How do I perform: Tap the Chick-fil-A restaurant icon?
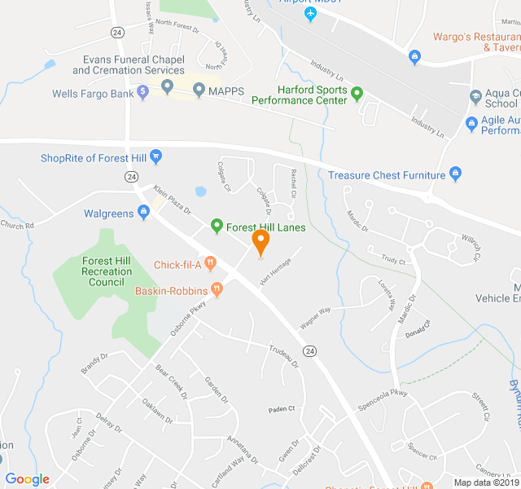coord(210,263)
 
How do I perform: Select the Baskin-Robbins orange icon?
coord(217,289)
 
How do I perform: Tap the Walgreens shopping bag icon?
coord(144,214)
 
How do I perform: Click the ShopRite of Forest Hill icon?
coord(156,156)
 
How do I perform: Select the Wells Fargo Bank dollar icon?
coord(143,93)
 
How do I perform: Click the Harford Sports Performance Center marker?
coord(357,95)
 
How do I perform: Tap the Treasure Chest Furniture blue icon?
coord(456,174)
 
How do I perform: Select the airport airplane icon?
coord(309,14)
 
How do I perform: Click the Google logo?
coord(27,479)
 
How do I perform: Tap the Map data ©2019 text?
coord(485,482)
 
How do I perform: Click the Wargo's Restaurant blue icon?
coord(415,55)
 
